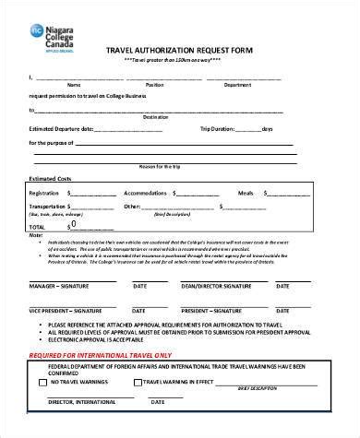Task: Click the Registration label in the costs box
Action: click(x=45, y=193)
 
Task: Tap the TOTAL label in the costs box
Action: click(x=37, y=226)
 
